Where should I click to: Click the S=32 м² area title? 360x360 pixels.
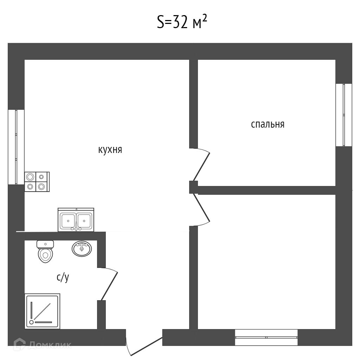point(181,23)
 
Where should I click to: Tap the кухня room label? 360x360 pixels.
point(110,150)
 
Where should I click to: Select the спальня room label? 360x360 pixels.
point(267,124)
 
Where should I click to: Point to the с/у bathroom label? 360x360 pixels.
point(63,277)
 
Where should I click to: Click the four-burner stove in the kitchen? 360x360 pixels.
point(37,182)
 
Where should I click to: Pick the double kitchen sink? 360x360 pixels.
point(76,220)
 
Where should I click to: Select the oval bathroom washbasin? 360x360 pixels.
point(82,249)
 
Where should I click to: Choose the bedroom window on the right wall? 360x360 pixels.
point(343,115)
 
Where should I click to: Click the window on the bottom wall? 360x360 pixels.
point(266,337)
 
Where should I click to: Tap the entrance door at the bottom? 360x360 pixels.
point(144,346)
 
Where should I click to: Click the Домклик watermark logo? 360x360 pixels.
point(42,345)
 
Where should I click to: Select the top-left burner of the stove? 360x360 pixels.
point(31,177)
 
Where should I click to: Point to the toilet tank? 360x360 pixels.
point(45,244)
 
